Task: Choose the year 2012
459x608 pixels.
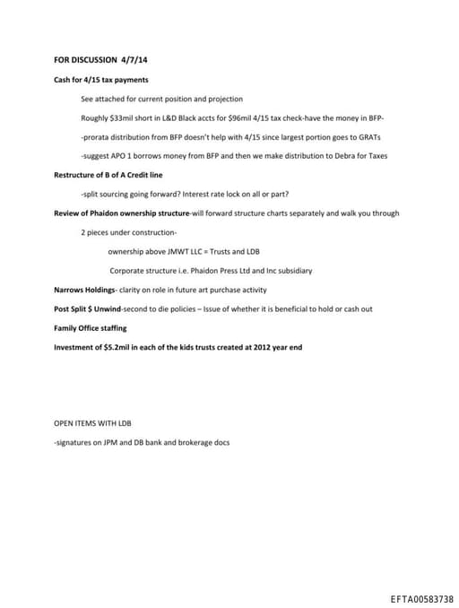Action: tap(257, 347)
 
